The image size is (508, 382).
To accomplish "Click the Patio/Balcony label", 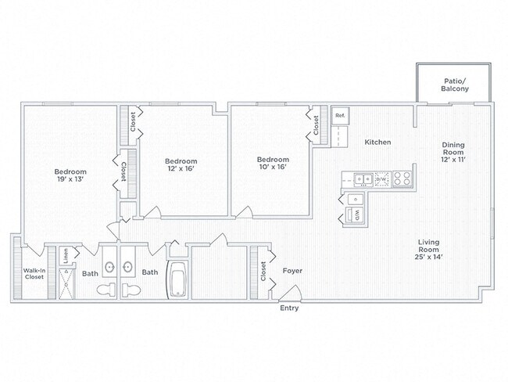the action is (455, 85).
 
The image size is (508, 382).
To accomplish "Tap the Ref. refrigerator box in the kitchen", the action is (340, 116).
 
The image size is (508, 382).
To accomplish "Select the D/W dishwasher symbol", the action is (382, 178).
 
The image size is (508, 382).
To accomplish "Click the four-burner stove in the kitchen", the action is (402, 178).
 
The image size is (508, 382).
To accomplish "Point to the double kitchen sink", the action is (363, 179).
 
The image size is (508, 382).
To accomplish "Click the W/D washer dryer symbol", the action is (354, 214).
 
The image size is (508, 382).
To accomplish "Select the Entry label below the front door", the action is (289, 308).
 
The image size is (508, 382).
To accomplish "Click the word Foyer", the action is (292, 271).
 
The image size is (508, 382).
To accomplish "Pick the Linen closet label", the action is (66, 255).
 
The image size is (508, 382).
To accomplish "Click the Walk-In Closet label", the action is (34, 274).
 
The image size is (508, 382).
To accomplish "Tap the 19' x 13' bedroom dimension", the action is (70, 179).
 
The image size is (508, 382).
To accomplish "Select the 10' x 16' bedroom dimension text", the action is (273, 168).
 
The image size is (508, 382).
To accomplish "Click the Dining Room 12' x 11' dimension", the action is (453, 160).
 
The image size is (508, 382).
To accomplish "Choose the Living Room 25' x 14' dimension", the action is (428, 257).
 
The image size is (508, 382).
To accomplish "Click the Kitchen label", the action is (377, 142).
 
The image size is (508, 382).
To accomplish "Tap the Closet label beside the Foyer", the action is (263, 272).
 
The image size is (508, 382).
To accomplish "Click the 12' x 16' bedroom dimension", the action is (181, 168).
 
